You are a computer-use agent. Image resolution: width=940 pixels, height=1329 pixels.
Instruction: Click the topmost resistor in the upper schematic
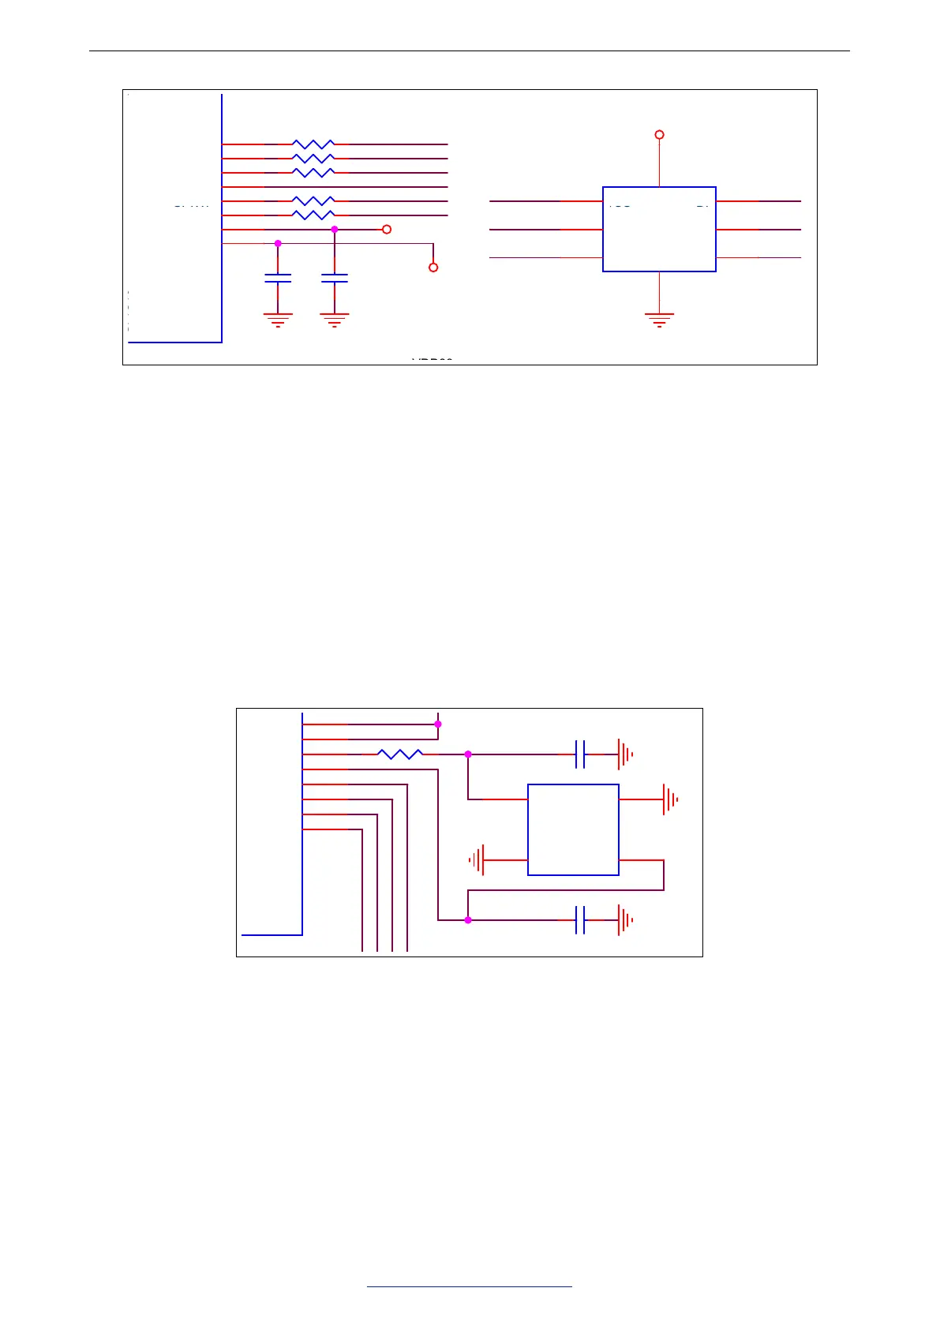(x=313, y=144)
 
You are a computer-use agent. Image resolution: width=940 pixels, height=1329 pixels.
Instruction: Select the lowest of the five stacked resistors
(x=313, y=215)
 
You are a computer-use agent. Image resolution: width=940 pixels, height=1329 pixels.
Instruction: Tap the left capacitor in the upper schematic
(x=278, y=278)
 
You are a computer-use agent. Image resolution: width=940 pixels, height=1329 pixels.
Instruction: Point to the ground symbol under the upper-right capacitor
(x=335, y=319)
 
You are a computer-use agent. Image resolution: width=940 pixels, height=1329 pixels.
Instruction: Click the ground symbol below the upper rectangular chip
(x=659, y=319)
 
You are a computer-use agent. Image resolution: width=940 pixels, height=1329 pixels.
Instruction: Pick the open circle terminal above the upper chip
(x=660, y=135)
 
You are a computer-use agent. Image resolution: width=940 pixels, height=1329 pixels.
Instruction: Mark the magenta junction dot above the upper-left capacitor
(x=278, y=244)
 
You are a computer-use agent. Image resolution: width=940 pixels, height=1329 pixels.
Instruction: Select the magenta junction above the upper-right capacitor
(x=335, y=230)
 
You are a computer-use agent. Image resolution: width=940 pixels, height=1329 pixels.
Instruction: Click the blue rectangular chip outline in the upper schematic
(x=659, y=229)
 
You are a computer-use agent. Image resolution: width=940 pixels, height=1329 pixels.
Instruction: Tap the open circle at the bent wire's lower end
(x=433, y=268)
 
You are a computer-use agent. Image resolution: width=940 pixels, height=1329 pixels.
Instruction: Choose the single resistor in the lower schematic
(x=400, y=754)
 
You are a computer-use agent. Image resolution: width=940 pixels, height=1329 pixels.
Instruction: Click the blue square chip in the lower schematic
(x=573, y=829)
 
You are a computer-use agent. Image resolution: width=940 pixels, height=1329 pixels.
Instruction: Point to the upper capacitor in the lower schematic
(x=580, y=754)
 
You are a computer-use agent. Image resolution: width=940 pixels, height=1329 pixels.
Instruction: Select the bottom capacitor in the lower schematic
(x=580, y=920)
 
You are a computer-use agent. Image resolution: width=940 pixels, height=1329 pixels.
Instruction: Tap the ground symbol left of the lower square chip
(x=477, y=859)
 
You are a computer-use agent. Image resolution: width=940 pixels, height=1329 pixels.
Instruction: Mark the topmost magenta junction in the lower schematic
(x=438, y=724)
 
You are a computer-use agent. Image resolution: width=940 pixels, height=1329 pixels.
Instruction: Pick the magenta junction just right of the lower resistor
(x=468, y=754)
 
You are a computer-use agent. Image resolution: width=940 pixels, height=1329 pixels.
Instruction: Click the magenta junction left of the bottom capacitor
(x=468, y=920)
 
